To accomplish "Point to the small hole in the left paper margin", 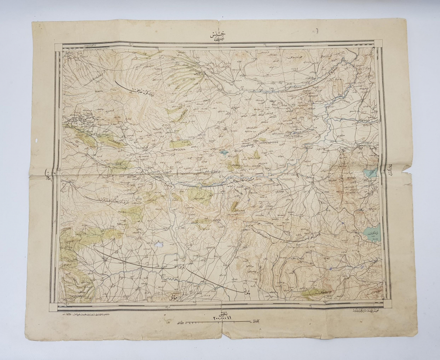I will pyautogui.click(x=37, y=140).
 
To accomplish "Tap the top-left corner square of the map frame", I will pyautogui.click(x=58, y=47).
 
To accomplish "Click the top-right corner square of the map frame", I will pyautogui.click(x=378, y=44).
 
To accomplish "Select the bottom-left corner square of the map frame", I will pyautogui.click(x=53, y=306).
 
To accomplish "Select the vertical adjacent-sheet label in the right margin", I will pyautogui.click(x=392, y=169).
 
